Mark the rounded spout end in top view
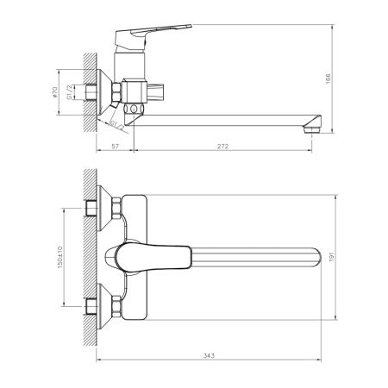(324, 256)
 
